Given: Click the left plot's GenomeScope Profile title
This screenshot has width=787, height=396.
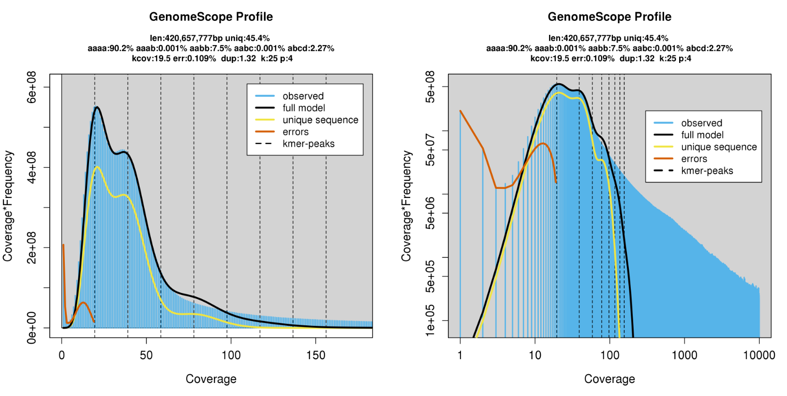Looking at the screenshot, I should tap(211, 17).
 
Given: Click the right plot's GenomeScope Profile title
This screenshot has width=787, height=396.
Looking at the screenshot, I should tap(609, 17).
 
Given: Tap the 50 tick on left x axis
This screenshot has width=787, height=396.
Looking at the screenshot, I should tap(146, 355).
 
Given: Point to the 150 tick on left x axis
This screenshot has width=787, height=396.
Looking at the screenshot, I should tap(316, 355).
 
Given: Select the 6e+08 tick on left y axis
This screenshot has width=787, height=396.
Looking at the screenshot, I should tap(32, 87).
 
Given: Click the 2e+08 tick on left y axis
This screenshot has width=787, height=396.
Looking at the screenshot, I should tap(32, 247).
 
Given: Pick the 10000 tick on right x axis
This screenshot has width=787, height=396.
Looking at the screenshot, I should tap(759, 355).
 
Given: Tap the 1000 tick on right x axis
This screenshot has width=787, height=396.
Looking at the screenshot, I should tap(684, 355).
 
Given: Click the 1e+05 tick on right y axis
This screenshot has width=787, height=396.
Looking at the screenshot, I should tap(430, 320).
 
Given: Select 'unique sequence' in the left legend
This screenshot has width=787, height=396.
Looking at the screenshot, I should tap(320, 120).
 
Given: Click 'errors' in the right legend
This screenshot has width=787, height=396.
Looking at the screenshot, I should tap(694, 159).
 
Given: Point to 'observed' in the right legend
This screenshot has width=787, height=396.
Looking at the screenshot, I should tap(701, 123).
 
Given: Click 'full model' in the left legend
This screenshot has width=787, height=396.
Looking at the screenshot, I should tap(304, 108).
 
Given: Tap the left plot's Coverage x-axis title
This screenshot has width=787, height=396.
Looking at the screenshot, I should tap(211, 379).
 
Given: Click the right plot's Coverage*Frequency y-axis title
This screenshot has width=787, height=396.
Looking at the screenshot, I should tap(406, 206).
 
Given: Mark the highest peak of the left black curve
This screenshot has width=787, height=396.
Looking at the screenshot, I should tap(97, 107).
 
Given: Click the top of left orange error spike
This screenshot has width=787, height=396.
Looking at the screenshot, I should tap(63, 245).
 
